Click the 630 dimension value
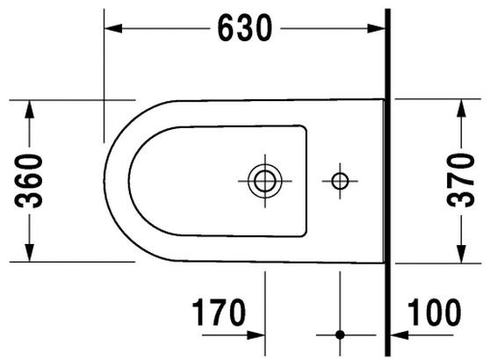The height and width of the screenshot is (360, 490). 244,29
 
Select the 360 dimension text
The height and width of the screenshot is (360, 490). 30,180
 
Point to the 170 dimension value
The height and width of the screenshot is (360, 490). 217,312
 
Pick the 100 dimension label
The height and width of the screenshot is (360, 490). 435,312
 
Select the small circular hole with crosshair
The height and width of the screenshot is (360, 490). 340,180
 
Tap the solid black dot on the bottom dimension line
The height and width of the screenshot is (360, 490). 340,335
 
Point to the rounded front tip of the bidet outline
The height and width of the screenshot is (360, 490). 105,180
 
